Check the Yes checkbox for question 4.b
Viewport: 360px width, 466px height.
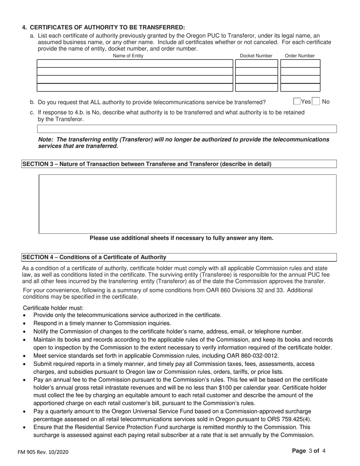coord(297,102)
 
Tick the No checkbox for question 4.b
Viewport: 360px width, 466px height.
coord(316,102)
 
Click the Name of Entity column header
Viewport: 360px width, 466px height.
coord(128,56)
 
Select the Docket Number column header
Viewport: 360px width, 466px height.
coord(256,56)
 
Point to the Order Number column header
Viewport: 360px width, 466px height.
coord(300,56)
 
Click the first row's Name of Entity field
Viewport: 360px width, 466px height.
coord(135,63)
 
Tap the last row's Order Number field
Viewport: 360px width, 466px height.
coord(300,88)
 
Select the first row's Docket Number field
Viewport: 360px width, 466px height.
coord(257,63)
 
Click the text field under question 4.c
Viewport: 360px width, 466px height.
coord(187,129)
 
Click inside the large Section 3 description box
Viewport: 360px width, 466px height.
coord(188,204)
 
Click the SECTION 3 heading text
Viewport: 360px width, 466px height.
coord(147,164)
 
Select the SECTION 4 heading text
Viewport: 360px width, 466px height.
coord(94,257)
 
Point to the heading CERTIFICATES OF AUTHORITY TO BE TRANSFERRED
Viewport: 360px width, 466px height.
coord(107,27)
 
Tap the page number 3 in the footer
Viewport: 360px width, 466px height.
coord(310,451)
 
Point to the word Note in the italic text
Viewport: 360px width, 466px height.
coord(45,139)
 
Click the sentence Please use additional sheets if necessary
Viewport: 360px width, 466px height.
coord(181,238)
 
